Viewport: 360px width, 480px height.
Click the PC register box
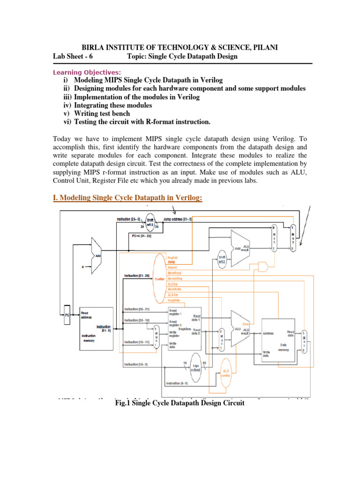[67, 314]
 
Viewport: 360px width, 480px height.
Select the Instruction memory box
[96, 328]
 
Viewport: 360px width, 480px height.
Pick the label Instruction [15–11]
[136, 342]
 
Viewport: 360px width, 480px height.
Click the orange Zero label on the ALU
[246, 323]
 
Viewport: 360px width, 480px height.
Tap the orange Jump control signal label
[172, 262]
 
